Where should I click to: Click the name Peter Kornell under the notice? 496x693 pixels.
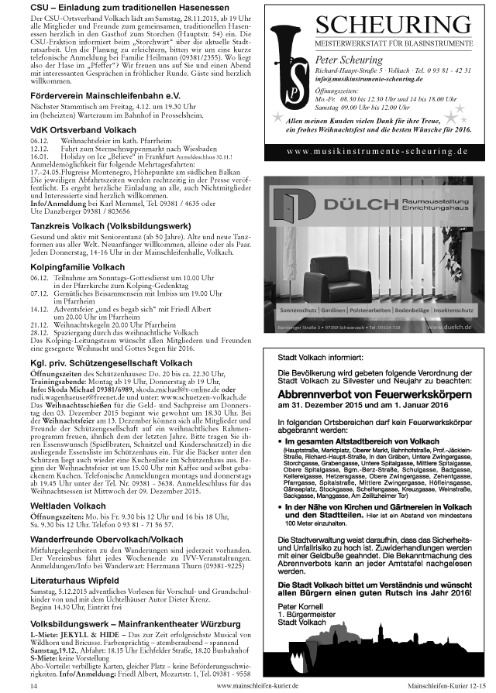pyautogui.click(x=299, y=606)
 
